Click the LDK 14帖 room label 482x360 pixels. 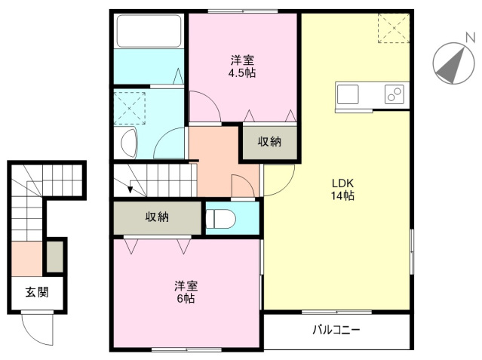tap(342, 189)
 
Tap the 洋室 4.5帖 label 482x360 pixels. tap(242, 66)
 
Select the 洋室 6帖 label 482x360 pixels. tap(186, 292)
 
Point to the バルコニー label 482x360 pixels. tap(336, 330)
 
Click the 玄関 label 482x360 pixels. tap(37, 292)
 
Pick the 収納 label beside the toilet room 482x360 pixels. tap(157, 217)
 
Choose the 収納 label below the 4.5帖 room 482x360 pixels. tap(269, 142)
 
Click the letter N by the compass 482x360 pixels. tap(470, 38)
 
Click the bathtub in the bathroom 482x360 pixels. tap(149, 31)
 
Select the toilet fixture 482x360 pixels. tap(221, 219)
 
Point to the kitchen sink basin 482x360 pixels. tap(348, 94)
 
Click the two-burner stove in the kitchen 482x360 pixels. tap(395, 94)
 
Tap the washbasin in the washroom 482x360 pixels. tap(129, 143)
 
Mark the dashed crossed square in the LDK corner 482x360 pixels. tap(394, 28)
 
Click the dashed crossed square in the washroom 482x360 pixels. tap(130, 108)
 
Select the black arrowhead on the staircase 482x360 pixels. tap(130, 189)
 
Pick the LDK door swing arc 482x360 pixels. tap(286, 188)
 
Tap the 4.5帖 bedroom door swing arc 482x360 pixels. tap(212, 100)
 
